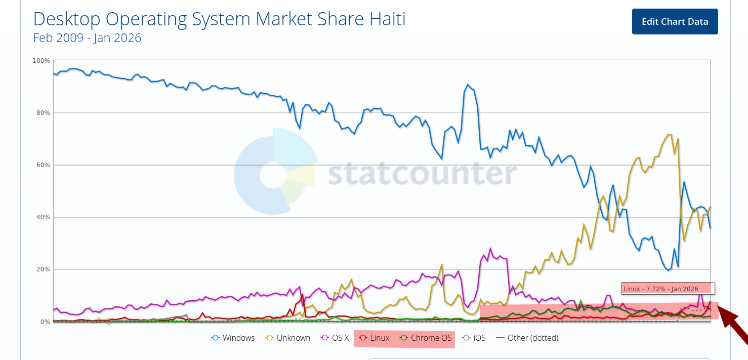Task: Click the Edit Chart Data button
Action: [675, 21]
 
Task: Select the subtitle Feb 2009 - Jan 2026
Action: [87, 38]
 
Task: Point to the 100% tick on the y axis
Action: [41, 61]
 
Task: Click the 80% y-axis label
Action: [43, 113]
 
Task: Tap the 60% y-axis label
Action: [43, 165]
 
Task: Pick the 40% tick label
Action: [43, 217]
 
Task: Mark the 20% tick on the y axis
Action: [43, 269]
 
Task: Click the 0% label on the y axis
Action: [45, 322]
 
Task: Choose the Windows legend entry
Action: [233, 338]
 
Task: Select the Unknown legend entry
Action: [288, 338]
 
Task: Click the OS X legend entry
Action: [335, 338]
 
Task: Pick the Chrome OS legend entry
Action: [426, 338]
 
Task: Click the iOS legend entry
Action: [474, 338]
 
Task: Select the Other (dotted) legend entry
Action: [527, 338]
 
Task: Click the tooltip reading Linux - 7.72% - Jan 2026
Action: [668, 289]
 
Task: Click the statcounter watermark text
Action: [422, 174]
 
